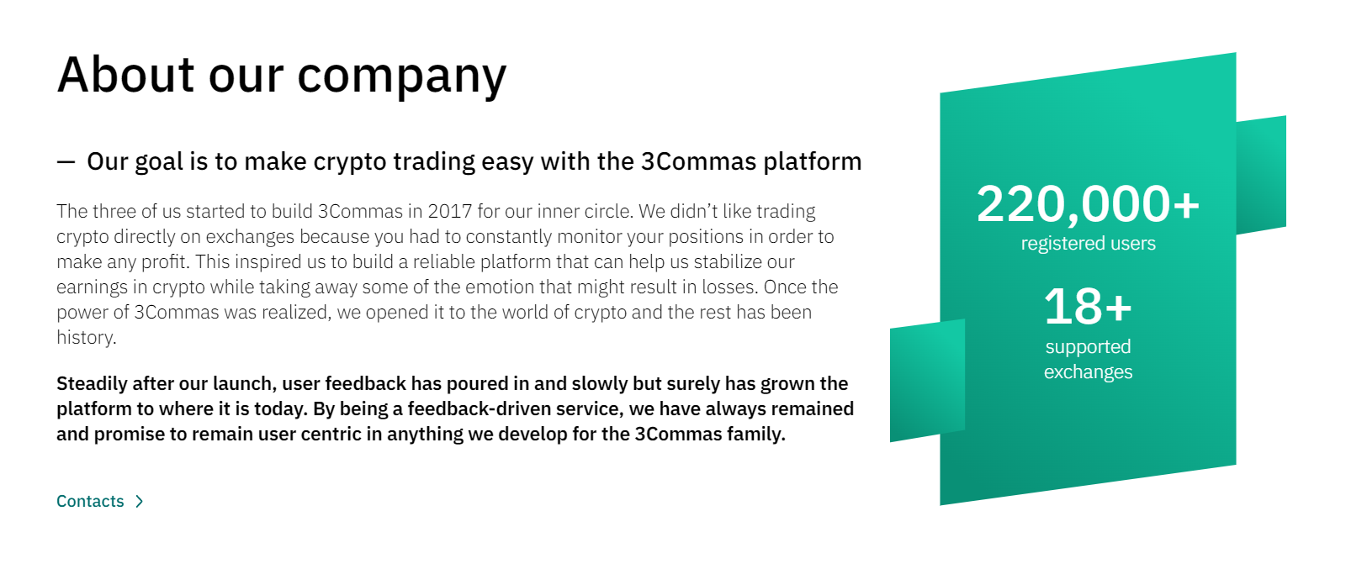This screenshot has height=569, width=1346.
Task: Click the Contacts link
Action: pos(90,501)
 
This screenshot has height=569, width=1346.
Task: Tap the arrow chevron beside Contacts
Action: pos(140,501)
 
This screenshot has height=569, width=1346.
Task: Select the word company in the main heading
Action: pos(401,76)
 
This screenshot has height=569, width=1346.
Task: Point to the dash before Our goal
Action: pos(66,161)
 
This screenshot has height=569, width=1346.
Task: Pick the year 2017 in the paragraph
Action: pos(451,211)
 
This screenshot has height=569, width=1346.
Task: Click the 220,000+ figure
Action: pos(1088,204)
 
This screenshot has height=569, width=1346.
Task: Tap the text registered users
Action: pos(1088,244)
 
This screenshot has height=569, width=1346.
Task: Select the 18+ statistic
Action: pos(1088,307)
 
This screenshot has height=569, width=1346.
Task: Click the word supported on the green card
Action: pos(1088,347)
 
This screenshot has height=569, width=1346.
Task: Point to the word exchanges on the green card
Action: pos(1088,372)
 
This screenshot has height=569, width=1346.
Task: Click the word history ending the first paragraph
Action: pos(85,337)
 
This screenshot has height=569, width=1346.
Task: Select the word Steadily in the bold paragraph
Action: pos(92,384)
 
